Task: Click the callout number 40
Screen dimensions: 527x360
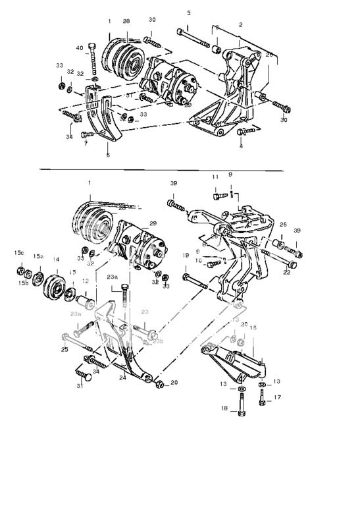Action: click(x=80, y=48)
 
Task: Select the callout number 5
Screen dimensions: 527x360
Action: click(x=189, y=13)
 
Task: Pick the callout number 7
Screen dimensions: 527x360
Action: click(x=85, y=143)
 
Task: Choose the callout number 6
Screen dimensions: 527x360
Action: click(x=108, y=155)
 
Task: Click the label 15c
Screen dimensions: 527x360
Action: click(x=19, y=253)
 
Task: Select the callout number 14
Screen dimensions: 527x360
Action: click(x=56, y=260)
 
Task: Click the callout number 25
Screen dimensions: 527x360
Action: click(x=64, y=349)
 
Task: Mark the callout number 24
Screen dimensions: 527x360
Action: click(x=122, y=378)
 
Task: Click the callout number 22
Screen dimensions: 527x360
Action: click(x=287, y=271)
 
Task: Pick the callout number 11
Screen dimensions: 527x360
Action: click(x=215, y=177)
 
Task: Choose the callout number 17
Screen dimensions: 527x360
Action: click(x=277, y=397)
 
